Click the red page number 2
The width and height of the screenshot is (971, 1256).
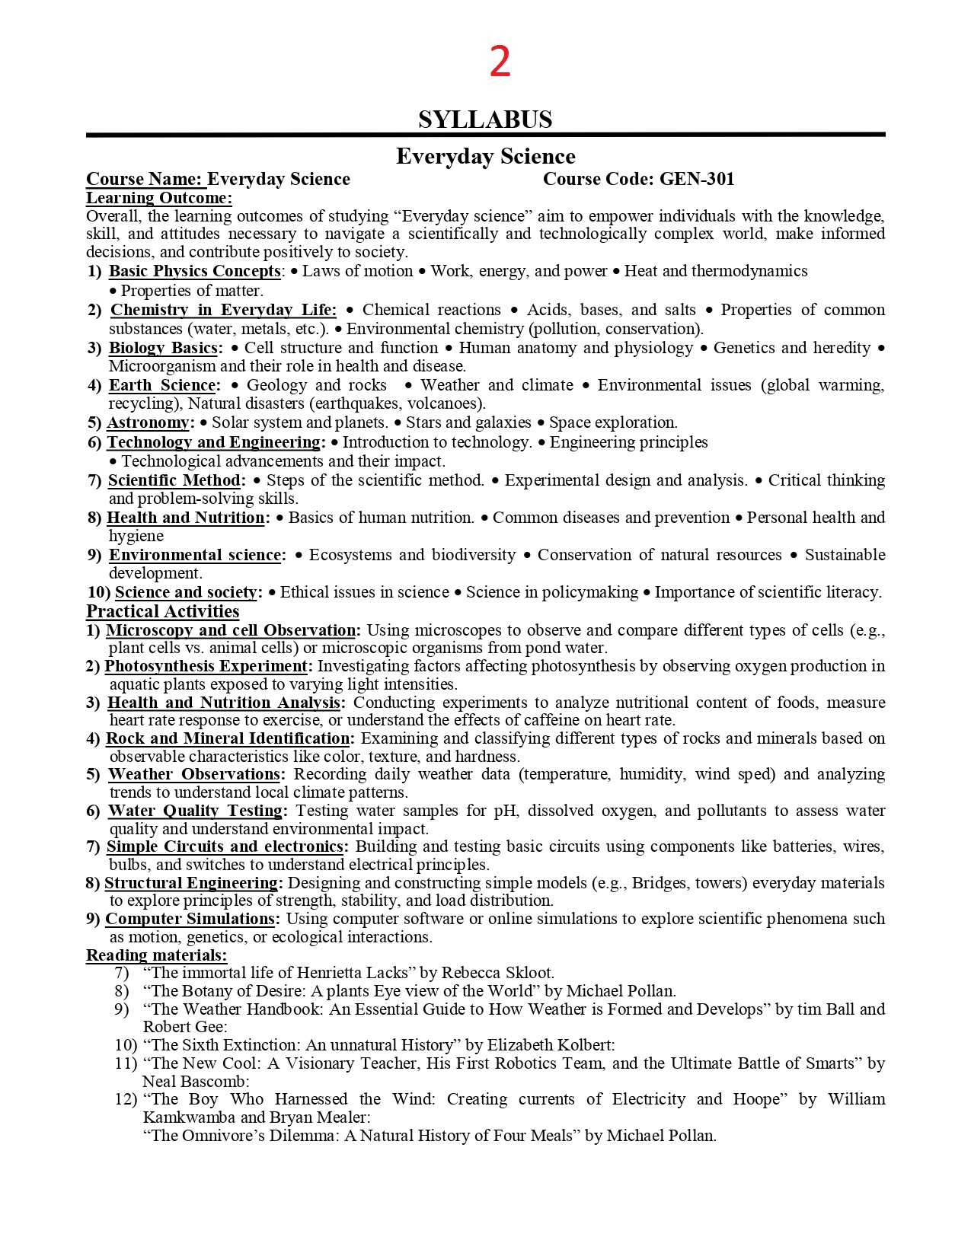500,62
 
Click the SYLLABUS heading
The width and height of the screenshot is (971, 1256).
485,120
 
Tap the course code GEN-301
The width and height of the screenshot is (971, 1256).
696,179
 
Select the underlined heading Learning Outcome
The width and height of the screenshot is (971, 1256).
159,198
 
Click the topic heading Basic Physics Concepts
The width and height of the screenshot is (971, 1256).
194,271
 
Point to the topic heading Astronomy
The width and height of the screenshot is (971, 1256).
148,422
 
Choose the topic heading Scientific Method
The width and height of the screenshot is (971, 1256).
174,480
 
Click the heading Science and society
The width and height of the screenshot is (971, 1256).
186,592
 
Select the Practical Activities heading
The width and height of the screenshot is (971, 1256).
162,611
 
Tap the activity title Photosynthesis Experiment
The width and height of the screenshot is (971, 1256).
206,666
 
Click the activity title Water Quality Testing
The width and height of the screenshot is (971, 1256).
196,811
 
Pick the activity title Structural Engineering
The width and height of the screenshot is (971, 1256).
192,883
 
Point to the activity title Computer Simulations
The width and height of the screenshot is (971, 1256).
190,919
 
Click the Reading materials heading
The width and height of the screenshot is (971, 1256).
156,955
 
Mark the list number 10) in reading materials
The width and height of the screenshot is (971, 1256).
126,1045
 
